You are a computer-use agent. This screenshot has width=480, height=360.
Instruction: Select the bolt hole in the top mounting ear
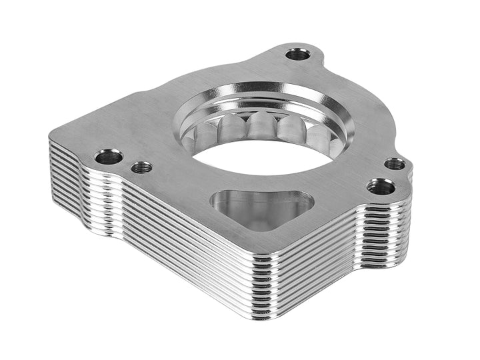pyautogui.click(x=298, y=54)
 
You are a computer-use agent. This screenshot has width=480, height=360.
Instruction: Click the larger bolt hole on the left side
pyautogui.click(x=108, y=157)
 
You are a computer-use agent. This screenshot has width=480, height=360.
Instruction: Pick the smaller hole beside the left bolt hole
pyautogui.click(x=141, y=167)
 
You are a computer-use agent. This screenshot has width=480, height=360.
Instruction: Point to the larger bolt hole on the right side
pyautogui.click(x=380, y=186)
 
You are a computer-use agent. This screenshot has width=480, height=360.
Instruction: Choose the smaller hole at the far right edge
pyautogui.click(x=395, y=163)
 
